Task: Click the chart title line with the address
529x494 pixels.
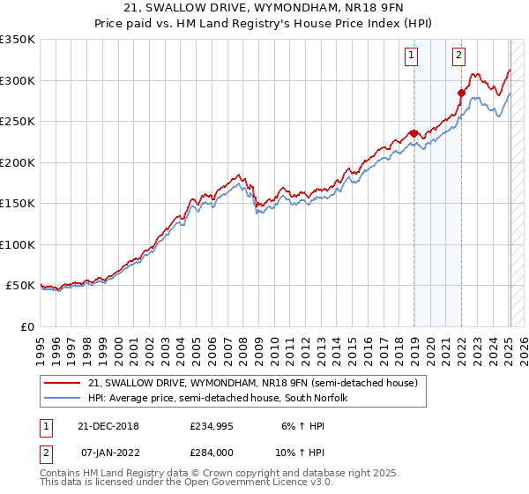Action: pyautogui.click(x=264, y=10)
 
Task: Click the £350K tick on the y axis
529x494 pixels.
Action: pyautogui.click(x=18, y=40)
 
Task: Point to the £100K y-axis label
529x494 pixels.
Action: pyautogui.click(x=18, y=244)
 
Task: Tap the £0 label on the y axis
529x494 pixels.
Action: pyautogui.click(x=26, y=326)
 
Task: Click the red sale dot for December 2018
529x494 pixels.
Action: pyautogui.click(x=414, y=134)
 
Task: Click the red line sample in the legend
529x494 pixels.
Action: pyautogui.click(x=63, y=382)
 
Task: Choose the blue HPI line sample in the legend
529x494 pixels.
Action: pyautogui.click(x=63, y=398)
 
